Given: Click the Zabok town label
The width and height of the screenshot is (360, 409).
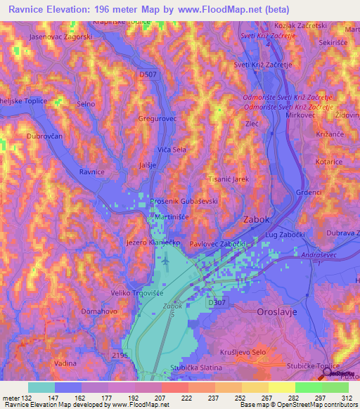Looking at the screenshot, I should click(x=256, y=219).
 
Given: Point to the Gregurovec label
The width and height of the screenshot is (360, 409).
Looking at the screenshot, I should click(x=157, y=119).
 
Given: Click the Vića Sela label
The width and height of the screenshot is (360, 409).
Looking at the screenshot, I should click(x=172, y=150).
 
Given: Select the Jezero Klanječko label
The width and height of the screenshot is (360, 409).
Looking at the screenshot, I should click(x=153, y=242).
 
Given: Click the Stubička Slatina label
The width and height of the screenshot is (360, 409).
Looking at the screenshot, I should click(x=197, y=368).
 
